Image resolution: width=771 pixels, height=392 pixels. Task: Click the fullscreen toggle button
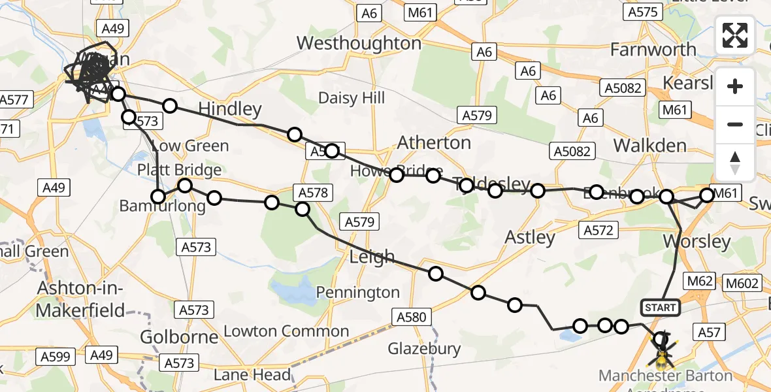(735, 35)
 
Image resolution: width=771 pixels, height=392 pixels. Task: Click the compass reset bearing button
(735, 163)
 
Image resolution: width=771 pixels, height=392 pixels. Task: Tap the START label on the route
(661, 307)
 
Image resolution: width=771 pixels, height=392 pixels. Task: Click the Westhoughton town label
(359, 44)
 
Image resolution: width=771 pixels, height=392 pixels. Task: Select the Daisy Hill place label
(352, 98)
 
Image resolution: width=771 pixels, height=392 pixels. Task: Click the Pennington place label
(358, 292)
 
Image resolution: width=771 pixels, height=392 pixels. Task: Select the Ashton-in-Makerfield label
(80, 299)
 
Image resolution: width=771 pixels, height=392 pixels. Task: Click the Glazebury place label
(425, 349)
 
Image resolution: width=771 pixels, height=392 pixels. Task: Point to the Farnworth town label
(653, 49)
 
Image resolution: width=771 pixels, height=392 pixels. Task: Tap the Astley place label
(531, 237)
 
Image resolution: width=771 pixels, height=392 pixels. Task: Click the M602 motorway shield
(744, 282)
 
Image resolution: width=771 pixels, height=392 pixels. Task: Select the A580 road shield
(412, 318)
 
